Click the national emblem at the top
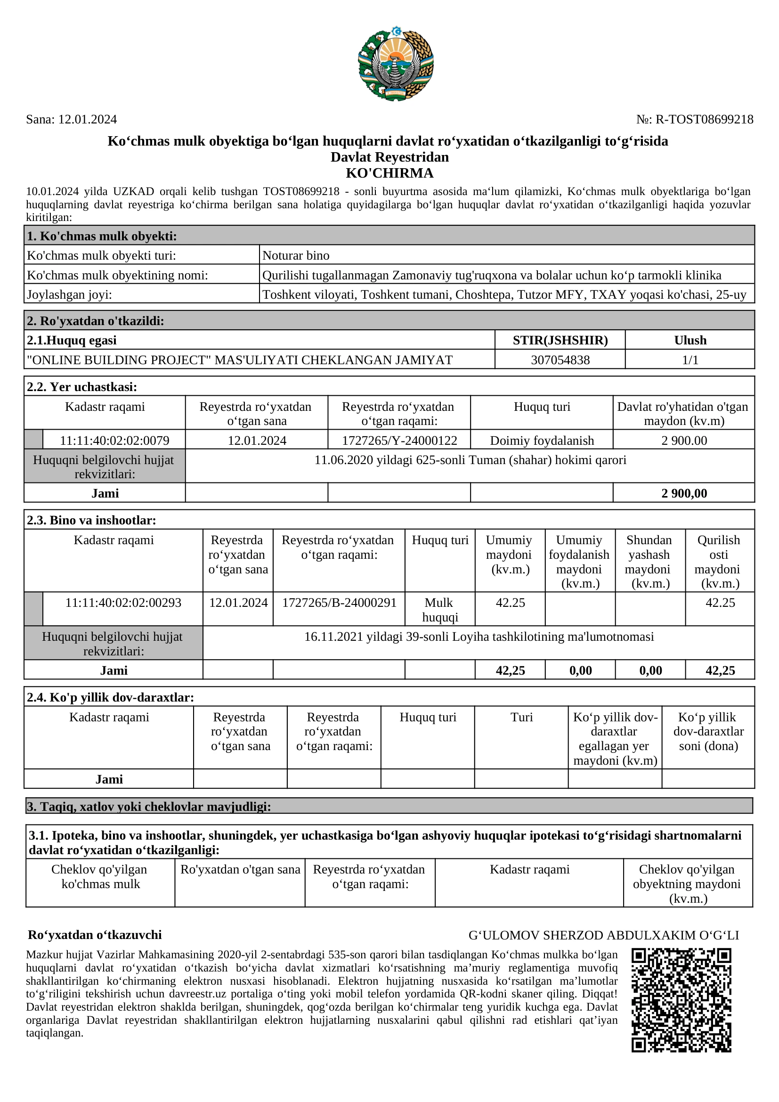pyautogui.click(x=396, y=64)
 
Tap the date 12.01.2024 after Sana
pyautogui.click(x=87, y=120)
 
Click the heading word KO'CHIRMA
pyautogui.click(x=389, y=173)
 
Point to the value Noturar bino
pyautogui.click(x=296, y=255)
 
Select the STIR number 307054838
pyautogui.click(x=560, y=360)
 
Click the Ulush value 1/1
pyautogui.click(x=690, y=360)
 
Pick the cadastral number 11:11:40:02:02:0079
pyautogui.click(x=114, y=441)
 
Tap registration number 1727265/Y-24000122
pyautogui.click(x=399, y=441)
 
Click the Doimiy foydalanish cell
pyautogui.click(x=542, y=441)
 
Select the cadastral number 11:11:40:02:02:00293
pyautogui.click(x=123, y=603)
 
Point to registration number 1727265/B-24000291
pyautogui.click(x=339, y=603)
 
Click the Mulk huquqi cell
pyautogui.click(x=439, y=610)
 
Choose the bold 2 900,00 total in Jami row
pyautogui.click(x=684, y=493)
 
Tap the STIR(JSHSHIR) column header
pyautogui.click(x=560, y=340)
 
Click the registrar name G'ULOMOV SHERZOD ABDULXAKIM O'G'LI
pyautogui.click(x=603, y=935)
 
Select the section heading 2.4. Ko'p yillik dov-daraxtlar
pyautogui.click(x=110, y=697)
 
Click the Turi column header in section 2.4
pyautogui.click(x=521, y=717)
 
